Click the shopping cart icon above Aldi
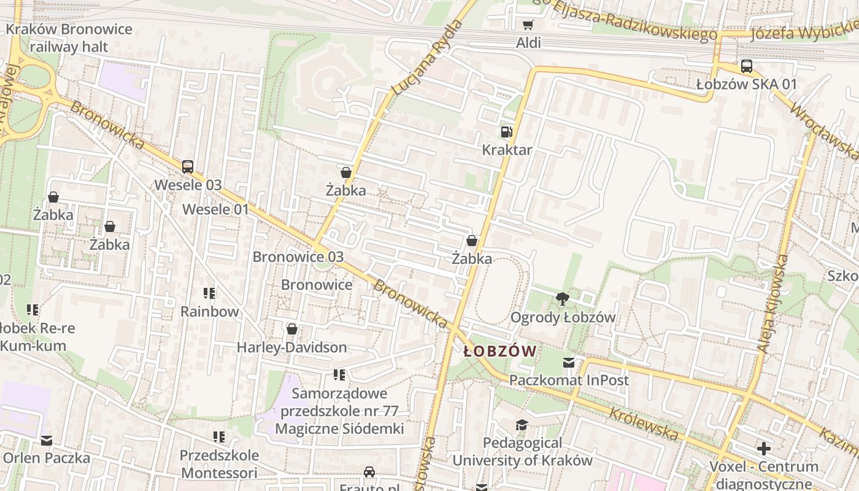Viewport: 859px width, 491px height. (x=528, y=25)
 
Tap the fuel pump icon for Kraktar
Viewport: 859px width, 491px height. (x=506, y=131)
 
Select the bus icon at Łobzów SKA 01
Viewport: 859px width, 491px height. (x=746, y=66)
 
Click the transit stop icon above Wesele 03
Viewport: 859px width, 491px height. (x=188, y=166)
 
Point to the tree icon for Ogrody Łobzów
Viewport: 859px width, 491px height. (x=561, y=299)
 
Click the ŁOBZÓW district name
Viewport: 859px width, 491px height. (x=500, y=352)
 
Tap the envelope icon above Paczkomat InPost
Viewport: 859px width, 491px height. (x=569, y=363)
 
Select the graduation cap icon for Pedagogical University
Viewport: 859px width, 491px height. (x=522, y=425)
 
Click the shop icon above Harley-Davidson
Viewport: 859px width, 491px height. (x=292, y=330)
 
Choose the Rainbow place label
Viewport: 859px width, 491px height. (x=209, y=311)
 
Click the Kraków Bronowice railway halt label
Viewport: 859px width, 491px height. (x=69, y=38)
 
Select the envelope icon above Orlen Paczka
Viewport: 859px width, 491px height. (x=47, y=440)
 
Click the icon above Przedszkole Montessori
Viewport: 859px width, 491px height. (x=219, y=437)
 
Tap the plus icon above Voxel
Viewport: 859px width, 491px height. (x=763, y=449)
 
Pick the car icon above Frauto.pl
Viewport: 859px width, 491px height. (x=369, y=471)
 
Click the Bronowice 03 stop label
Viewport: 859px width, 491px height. (x=298, y=257)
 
